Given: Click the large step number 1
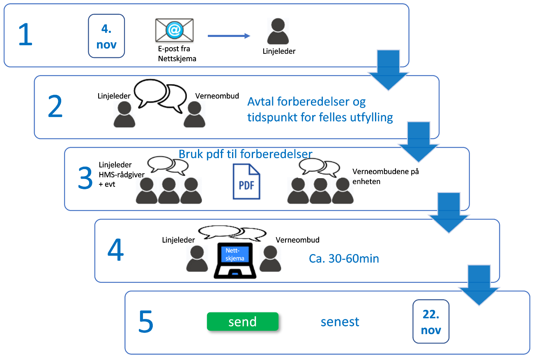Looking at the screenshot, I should click(x=25, y=35).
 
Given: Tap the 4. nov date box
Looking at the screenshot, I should click(x=106, y=36).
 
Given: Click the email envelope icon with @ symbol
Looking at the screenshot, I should click(x=174, y=30).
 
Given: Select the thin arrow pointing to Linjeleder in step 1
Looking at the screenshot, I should click(x=229, y=36).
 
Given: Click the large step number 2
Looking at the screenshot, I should click(x=55, y=107).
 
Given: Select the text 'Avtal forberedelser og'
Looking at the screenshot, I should click(x=306, y=102).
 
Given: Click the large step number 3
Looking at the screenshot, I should click(x=85, y=179).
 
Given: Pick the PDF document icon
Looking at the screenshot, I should click(x=246, y=181).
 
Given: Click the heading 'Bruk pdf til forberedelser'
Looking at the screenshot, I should click(x=246, y=154).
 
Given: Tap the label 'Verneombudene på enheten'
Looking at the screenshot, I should click(x=385, y=177).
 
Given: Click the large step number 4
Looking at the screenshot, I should click(x=115, y=250).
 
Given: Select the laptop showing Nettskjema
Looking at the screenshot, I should click(x=235, y=261).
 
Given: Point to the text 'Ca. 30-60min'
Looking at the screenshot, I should click(x=344, y=259).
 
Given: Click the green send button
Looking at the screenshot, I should click(x=243, y=321).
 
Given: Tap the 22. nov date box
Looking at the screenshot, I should click(x=431, y=321).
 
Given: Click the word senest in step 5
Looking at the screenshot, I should click(x=340, y=322).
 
